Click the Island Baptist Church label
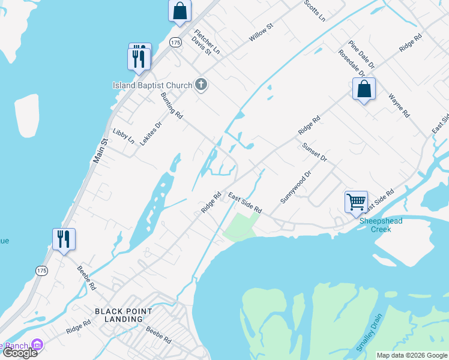152,85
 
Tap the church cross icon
201,85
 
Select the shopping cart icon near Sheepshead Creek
356,202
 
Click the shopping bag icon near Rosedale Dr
364,89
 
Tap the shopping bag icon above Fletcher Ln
179,11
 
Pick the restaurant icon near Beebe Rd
64,239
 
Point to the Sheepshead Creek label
381,225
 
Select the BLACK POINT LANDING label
124,315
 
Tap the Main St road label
99,151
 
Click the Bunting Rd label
171,106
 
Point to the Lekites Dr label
151,134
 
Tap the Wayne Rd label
399,105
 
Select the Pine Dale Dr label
361,54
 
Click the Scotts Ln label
314,10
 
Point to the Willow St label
261,32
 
